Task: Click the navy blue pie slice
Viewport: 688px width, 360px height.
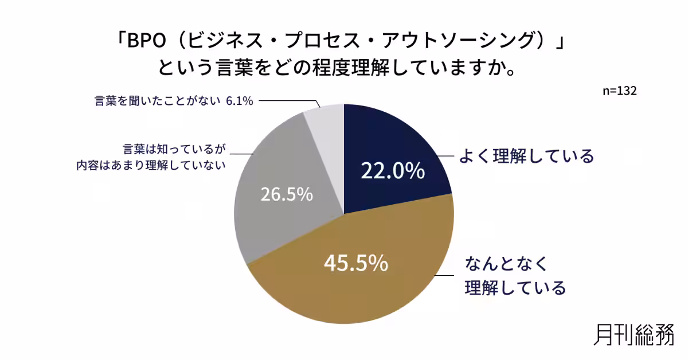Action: click(390, 154)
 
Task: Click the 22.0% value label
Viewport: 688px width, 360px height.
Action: click(393, 171)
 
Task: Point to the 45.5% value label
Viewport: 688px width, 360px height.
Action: click(356, 263)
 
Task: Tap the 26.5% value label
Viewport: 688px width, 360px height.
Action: click(287, 194)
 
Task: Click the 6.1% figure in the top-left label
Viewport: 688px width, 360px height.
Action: click(240, 101)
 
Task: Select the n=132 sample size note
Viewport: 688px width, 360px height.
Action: click(620, 91)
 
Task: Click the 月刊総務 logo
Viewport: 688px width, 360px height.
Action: click(634, 335)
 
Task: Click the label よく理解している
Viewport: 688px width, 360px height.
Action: click(526, 156)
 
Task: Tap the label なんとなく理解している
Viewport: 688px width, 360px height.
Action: click(515, 276)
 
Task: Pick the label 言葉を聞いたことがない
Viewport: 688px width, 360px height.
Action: click(158, 101)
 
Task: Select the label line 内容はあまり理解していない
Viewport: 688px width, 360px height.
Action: click(151, 166)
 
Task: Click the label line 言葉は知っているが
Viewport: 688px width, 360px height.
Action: click(174, 149)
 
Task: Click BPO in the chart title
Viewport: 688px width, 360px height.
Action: click(147, 41)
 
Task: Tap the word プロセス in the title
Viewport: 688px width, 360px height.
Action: click(322, 41)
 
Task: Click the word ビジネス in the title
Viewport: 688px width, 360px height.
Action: click(225, 41)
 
